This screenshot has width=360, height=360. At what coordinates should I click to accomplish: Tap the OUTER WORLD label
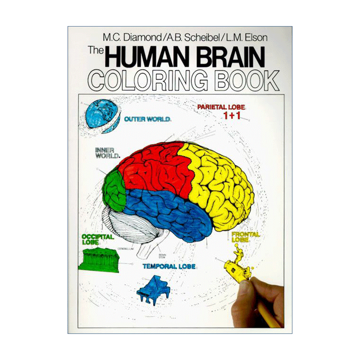point(147,120)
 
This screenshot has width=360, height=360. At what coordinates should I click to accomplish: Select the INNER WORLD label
point(107,153)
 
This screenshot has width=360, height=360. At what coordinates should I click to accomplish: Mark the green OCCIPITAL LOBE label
point(97,238)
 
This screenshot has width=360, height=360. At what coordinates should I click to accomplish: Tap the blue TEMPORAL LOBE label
point(169,266)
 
